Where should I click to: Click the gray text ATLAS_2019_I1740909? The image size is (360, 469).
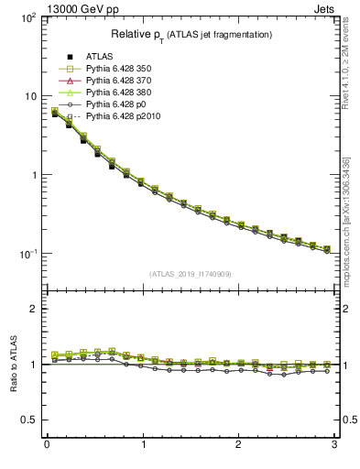191,273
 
